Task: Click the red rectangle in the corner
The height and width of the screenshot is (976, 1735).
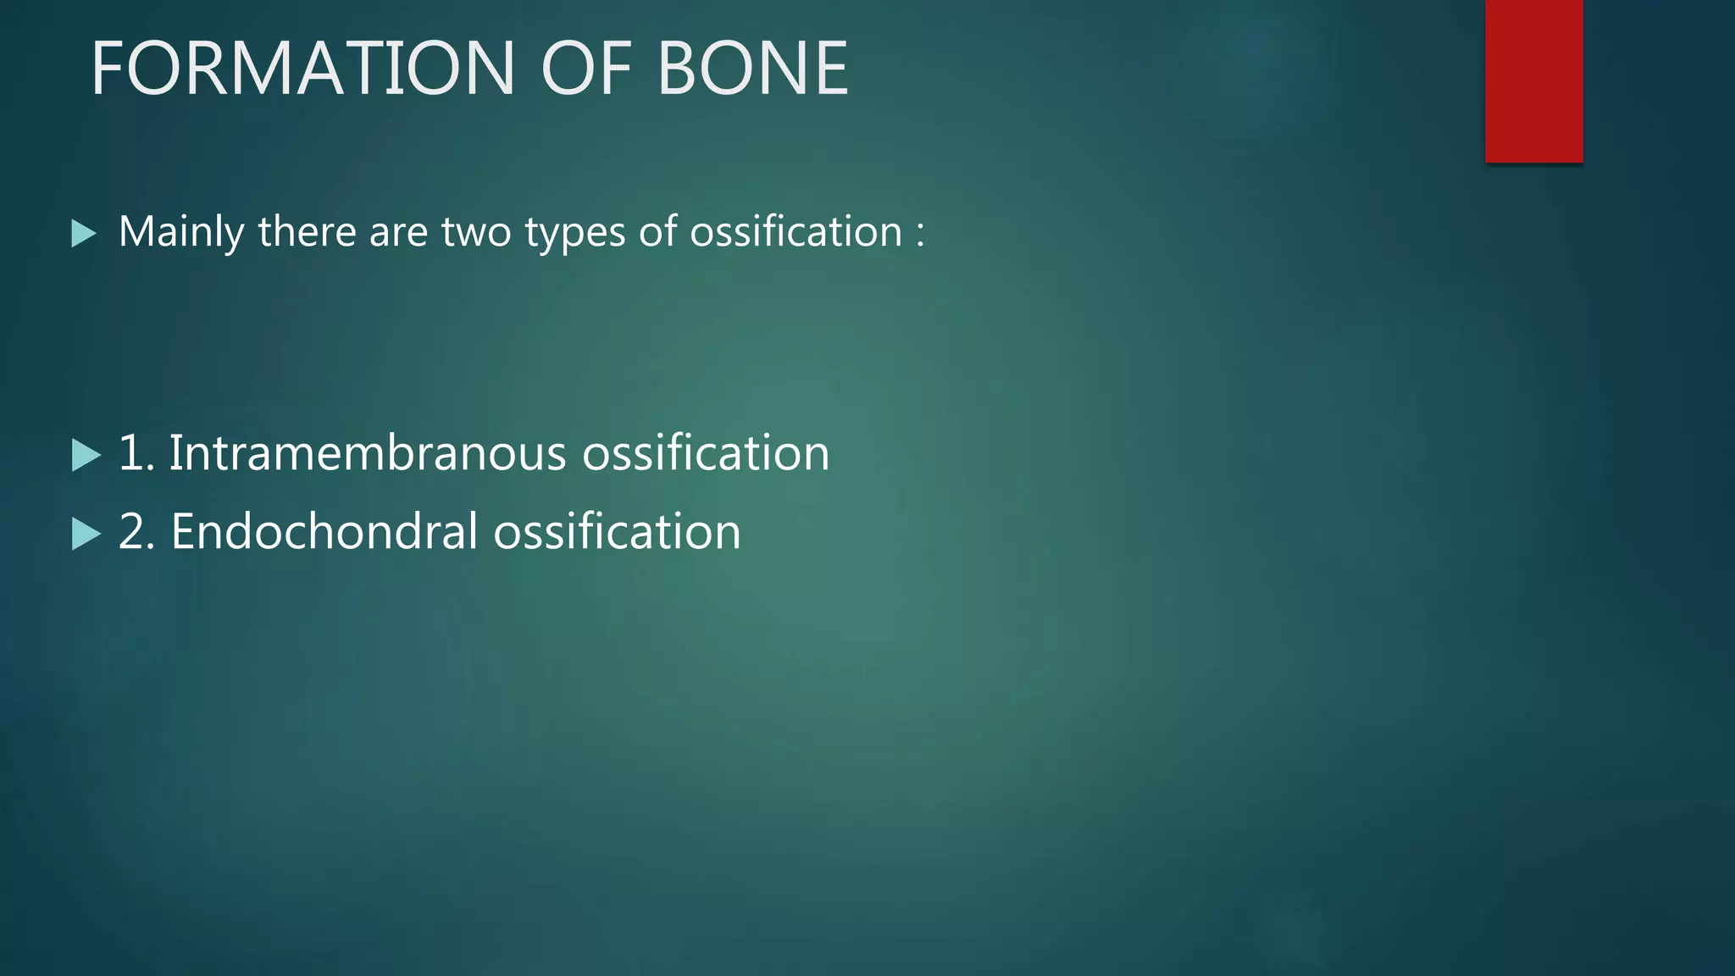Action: tap(1533, 80)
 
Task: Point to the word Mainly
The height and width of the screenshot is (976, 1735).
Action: tap(181, 232)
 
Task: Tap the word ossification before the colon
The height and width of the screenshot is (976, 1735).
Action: tap(796, 232)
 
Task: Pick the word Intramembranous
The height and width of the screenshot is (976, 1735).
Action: tap(367, 452)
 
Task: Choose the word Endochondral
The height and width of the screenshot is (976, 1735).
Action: tap(324, 532)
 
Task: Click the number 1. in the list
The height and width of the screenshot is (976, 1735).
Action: tap(136, 452)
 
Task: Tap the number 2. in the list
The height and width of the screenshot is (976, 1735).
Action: tap(136, 532)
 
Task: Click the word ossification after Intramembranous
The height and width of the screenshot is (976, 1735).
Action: tap(706, 452)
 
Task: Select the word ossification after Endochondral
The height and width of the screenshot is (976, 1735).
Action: tap(617, 532)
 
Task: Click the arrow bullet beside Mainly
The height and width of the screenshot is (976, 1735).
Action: tap(83, 234)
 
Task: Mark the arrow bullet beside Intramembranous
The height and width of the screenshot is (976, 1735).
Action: tap(85, 455)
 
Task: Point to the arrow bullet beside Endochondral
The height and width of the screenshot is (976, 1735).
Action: tap(85, 534)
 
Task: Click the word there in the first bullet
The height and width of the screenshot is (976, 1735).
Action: tap(307, 232)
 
